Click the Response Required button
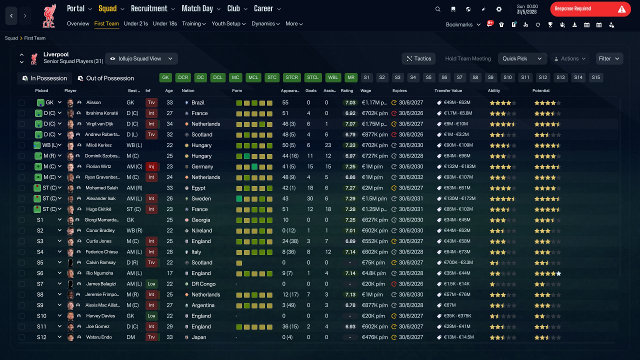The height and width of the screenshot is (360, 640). [x=590, y=9]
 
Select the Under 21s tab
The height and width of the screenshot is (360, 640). [x=135, y=23]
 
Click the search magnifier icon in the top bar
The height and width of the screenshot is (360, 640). [x=437, y=9]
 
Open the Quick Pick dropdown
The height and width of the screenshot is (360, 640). [x=522, y=58]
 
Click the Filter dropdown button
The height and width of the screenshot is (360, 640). [x=609, y=58]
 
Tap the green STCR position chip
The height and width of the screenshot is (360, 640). [x=291, y=77]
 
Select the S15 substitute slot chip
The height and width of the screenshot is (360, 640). [x=595, y=77]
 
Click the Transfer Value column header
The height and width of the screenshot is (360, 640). [x=448, y=90]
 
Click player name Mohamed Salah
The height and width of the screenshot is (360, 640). [x=101, y=187]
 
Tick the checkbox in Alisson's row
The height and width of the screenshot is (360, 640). [x=21, y=102]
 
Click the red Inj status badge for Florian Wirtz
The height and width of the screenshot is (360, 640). [x=151, y=166]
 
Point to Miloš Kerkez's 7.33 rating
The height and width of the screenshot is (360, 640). [x=350, y=145]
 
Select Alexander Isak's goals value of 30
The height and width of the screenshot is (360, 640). [x=309, y=198]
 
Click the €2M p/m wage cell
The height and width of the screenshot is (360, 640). [x=372, y=187]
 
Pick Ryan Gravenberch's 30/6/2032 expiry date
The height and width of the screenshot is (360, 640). [x=411, y=177]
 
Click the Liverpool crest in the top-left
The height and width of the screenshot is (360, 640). [x=49, y=15]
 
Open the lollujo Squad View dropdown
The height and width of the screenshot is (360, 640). [x=141, y=58]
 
